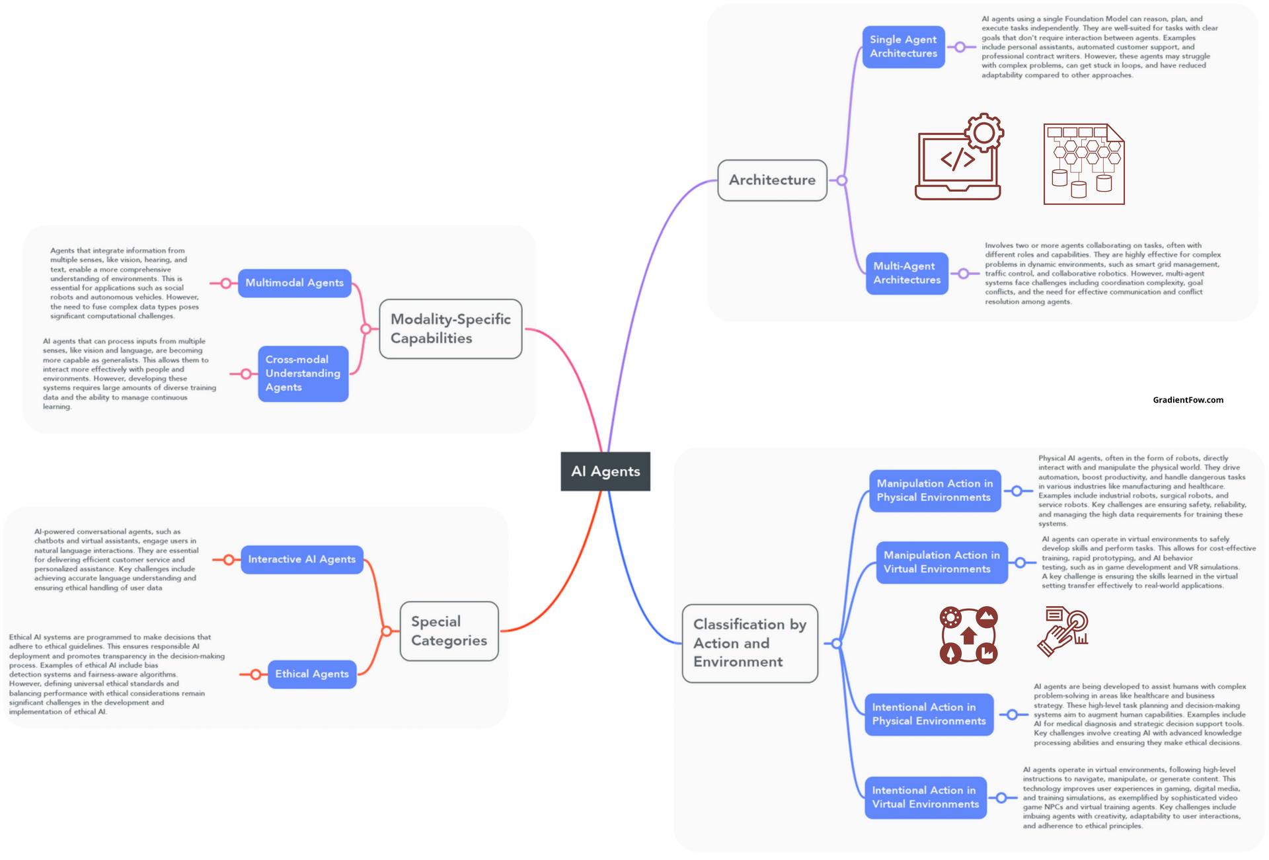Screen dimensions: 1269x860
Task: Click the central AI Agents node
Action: click(x=605, y=471)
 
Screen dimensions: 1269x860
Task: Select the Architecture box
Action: click(x=772, y=180)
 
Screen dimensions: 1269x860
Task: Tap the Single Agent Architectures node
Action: click(x=904, y=47)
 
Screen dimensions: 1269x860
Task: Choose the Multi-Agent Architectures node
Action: click(x=907, y=273)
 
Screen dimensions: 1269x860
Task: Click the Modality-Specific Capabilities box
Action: click(x=451, y=329)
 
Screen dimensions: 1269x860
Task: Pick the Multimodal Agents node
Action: click(x=295, y=283)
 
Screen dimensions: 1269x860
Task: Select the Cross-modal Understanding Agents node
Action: click(x=303, y=373)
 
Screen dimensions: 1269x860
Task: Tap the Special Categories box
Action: click(x=449, y=631)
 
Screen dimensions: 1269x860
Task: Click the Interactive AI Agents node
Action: click(x=302, y=559)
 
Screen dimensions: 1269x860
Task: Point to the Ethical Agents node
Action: click(x=312, y=674)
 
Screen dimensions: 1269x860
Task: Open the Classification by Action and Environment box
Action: click(x=750, y=643)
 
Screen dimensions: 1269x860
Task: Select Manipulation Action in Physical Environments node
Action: click(x=935, y=490)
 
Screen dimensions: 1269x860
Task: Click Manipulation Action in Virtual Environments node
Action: click(x=942, y=563)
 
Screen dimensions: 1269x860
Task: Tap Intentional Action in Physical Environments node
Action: click(x=929, y=714)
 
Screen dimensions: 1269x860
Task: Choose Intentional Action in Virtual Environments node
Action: click(x=925, y=797)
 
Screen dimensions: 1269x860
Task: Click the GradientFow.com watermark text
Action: click(x=1188, y=400)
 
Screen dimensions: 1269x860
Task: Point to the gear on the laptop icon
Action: click(x=984, y=133)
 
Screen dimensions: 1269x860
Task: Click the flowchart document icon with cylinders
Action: click(x=1084, y=164)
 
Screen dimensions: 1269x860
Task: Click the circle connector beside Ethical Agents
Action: click(x=255, y=675)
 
